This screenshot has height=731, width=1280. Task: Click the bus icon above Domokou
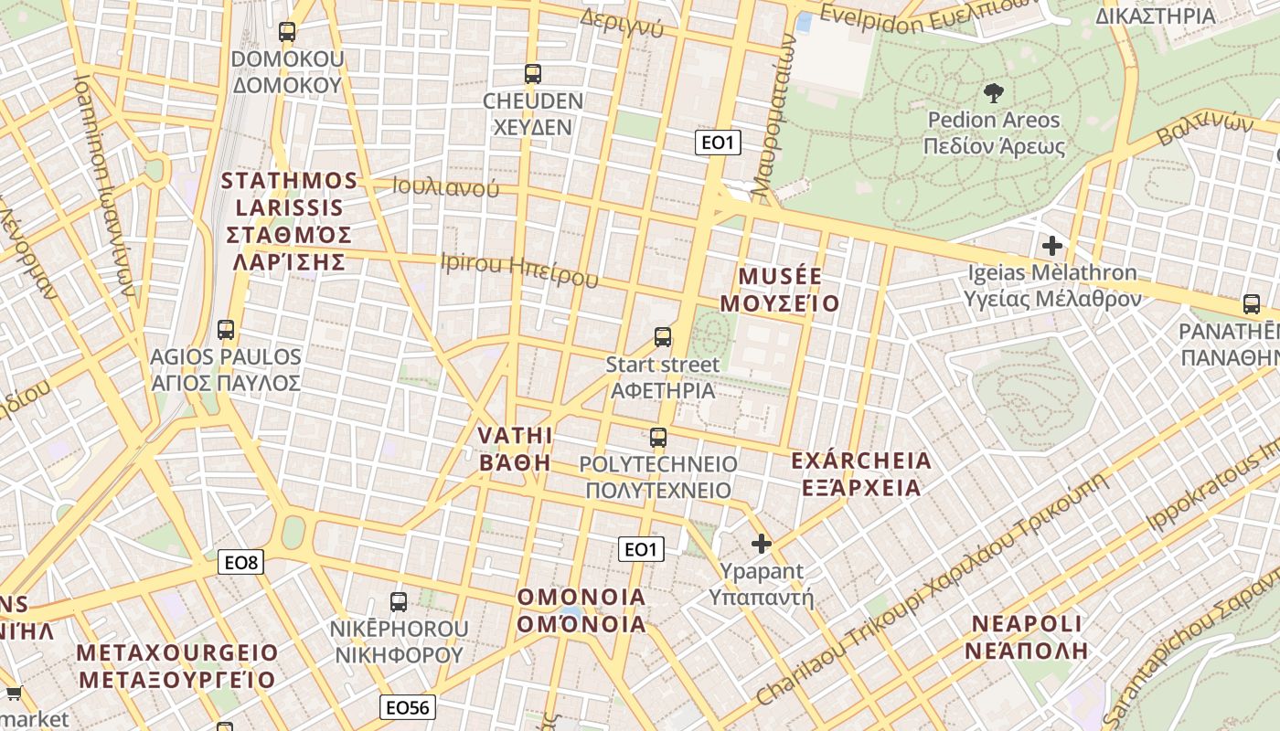point(287,32)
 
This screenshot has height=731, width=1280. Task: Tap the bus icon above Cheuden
point(532,74)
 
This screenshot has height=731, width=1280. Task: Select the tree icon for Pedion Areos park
point(993,92)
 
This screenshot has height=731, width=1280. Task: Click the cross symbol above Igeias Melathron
point(1052,246)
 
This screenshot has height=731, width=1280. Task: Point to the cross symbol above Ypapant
point(761,545)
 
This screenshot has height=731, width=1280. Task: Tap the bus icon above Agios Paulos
point(226,330)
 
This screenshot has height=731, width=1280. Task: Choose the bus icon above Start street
point(663,337)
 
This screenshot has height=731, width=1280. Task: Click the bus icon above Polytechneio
point(658,438)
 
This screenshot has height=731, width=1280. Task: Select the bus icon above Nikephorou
point(399,601)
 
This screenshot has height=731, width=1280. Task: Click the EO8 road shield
point(241,562)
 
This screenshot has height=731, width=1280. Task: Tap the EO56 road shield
point(408,707)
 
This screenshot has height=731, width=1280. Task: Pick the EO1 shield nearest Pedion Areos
point(718,143)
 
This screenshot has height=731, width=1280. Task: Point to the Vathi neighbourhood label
point(516,448)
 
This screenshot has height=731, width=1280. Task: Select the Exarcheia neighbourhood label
point(860,473)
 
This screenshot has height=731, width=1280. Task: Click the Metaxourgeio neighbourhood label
point(176,666)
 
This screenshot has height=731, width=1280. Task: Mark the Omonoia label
point(581,610)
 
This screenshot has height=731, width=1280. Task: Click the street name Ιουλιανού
point(446,187)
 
